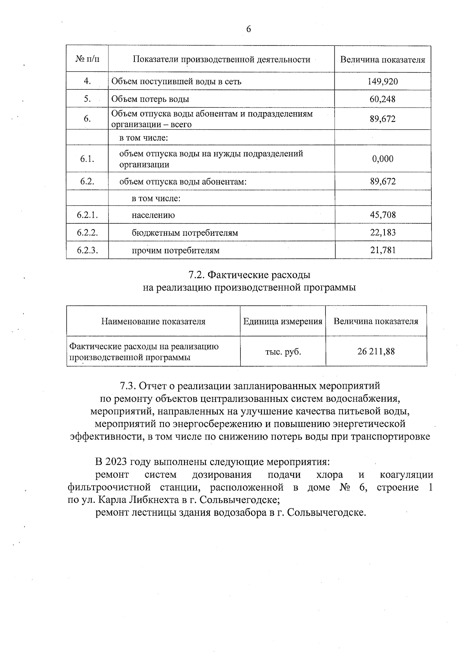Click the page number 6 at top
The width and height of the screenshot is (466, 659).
tap(249, 29)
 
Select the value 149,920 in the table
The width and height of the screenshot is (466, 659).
tap(383, 82)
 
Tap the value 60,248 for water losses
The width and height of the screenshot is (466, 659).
tap(383, 99)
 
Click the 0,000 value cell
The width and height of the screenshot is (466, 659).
tap(383, 159)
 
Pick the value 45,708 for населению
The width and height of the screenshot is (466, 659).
tap(383, 215)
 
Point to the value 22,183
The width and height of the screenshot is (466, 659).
tap(383, 233)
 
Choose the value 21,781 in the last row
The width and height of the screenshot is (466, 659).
tap(383, 250)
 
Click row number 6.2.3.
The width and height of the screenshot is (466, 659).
tap(87, 250)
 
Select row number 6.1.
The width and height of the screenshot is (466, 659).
tap(87, 159)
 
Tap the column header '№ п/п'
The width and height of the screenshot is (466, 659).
tap(87, 59)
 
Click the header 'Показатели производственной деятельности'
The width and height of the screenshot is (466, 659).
tap(221, 59)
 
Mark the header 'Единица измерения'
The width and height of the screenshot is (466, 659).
tap(283, 322)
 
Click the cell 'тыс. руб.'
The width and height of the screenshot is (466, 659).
tap(283, 352)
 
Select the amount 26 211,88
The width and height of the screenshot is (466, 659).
tap(376, 351)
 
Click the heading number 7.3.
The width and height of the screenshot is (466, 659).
tap(128, 386)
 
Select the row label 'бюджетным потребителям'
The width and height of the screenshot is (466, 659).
tap(185, 233)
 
